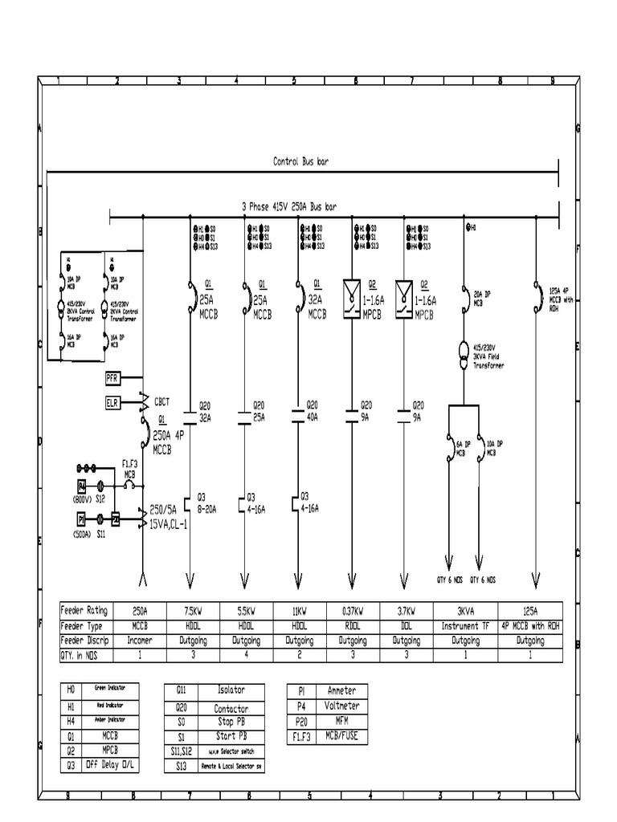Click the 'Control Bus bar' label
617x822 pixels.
300,161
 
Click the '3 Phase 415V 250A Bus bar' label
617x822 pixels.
291,206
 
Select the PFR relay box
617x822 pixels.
112,376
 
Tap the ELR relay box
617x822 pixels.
112,401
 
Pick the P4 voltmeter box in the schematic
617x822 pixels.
81,486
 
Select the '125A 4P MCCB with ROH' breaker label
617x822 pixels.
560,299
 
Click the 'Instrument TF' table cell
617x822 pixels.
462,626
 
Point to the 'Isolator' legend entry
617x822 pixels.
231,690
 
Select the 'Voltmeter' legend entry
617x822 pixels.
341,706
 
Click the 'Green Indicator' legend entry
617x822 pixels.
115,688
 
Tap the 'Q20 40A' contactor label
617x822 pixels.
311,412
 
